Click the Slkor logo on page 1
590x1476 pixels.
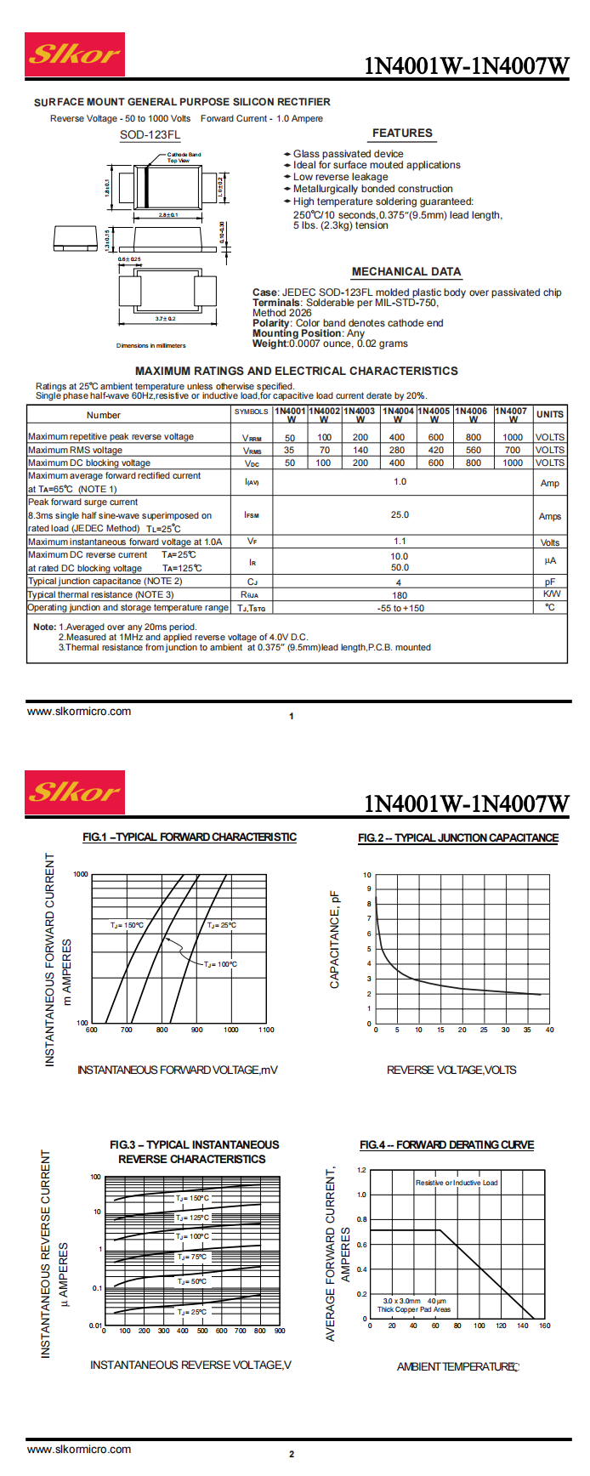pyautogui.click(x=75, y=54)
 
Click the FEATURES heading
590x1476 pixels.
pyautogui.click(x=402, y=133)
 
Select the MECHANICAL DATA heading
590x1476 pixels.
pyautogui.click(x=406, y=272)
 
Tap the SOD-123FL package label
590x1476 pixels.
pyautogui.click(x=150, y=135)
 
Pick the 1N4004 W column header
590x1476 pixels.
pyautogui.click(x=398, y=414)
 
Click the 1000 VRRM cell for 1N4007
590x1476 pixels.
pyautogui.click(x=513, y=438)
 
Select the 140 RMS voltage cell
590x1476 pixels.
pyautogui.click(x=360, y=451)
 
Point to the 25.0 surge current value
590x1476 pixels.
pyautogui.click(x=400, y=514)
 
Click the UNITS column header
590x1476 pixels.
pyautogui.click(x=549, y=414)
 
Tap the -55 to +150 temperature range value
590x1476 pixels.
pyautogui.click(x=400, y=608)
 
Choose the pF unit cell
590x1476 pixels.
pyautogui.click(x=549, y=582)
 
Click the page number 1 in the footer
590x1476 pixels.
pyautogui.click(x=292, y=716)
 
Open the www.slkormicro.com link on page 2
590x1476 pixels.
pyautogui.click(x=79, y=1450)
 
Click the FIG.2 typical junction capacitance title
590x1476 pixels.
pyautogui.click(x=458, y=837)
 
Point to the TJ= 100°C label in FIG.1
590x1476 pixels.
pyautogui.click(x=220, y=964)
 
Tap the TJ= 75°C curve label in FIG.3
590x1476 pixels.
pyautogui.click(x=192, y=1257)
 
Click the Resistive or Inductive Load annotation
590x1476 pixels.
pyautogui.click(x=457, y=1183)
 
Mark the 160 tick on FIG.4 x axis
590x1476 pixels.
pyautogui.click(x=545, y=1326)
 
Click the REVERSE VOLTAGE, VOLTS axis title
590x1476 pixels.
pyautogui.click(x=451, y=1070)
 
